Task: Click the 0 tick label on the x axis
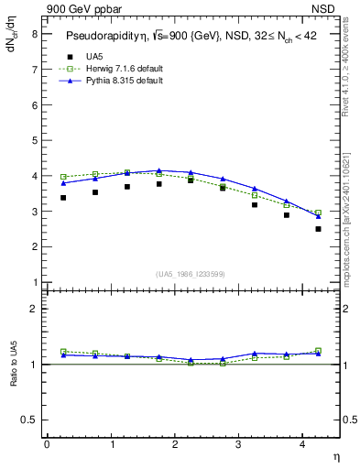pyautogui.click(x=47, y=444)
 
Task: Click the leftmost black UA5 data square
pyautogui.click(x=63, y=197)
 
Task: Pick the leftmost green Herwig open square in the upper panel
pyautogui.click(x=63, y=177)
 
